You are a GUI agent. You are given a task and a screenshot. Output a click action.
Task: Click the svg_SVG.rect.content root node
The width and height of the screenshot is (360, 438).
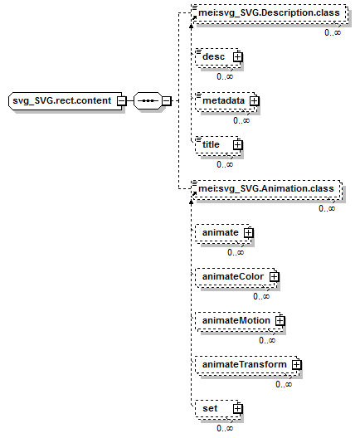pyautogui.click(x=66, y=101)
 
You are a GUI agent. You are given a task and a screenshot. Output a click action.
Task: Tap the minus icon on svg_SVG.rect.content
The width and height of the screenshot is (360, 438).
pyautogui.click(x=121, y=101)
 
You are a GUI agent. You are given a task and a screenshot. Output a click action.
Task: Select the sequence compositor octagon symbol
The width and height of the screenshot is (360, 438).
pyautogui.click(x=148, y=101)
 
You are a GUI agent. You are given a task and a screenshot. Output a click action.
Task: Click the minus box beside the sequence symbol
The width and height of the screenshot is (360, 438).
pyautogui.click(x=167, y=101)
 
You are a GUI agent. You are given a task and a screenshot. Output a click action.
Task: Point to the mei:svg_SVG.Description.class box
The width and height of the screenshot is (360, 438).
pyautogui.click(x=270, y=12)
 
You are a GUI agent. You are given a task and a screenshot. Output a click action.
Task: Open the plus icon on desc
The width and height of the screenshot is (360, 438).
pyautogui.click(x=238, y=57)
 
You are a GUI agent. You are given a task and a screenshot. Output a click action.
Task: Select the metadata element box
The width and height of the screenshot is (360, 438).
pyautogui.click(x=226, y=101)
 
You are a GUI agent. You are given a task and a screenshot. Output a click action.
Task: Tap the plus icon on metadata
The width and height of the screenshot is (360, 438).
pyautogui.click(x=254, y=101)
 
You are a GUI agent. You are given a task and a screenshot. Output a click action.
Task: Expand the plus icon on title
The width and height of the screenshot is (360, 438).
pyautogui.click(x=238, y=144)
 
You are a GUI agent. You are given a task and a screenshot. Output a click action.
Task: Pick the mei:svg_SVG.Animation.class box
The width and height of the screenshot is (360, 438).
pyautogui.click(x=267, y=189)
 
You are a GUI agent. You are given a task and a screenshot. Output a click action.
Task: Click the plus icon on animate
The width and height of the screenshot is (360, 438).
pyautogui.click(x=249, y=232)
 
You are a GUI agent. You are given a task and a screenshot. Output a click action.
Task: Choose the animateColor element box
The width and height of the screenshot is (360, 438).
pyautogui.click(x=236, y=277)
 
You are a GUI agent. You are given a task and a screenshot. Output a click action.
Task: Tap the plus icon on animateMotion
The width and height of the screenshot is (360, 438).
pyautogui.click(x=280, y=321)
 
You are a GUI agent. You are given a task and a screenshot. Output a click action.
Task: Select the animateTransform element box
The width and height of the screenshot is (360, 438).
pyautogui.click(x=247, y=364)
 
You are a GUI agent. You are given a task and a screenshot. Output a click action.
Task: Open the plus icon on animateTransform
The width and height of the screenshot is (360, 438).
pyautogui.click(x=297, y=364)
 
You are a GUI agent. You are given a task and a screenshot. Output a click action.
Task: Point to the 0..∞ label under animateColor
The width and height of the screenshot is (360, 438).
pyautogui.click(x=261, y=296)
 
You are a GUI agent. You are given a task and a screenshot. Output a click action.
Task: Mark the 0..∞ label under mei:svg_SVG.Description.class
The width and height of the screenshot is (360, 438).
pyautogui.click(x=333, y=32)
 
